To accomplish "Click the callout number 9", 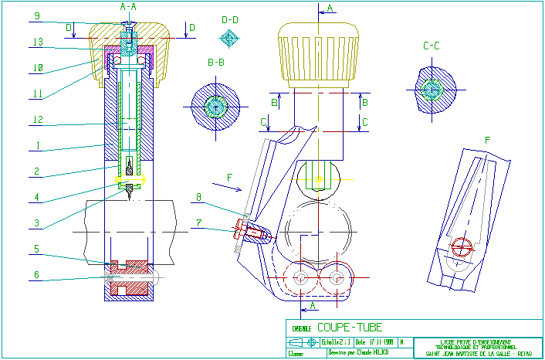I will point(37,15).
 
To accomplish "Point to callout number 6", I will point(37,274).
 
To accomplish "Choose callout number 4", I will point(37,197).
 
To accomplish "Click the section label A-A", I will point(128,6).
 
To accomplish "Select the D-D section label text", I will point(229,19).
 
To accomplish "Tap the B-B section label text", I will point(216,60).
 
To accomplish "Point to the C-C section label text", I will point(432,46).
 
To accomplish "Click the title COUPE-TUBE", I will point(349,328).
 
